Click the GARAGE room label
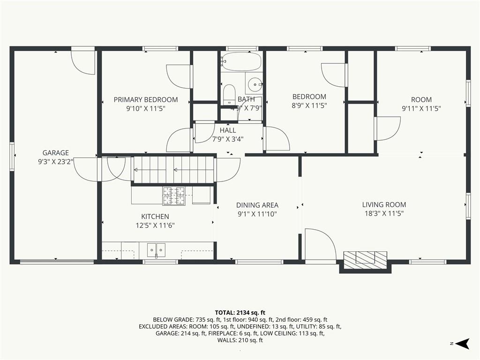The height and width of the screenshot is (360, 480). click(x=56, y=152)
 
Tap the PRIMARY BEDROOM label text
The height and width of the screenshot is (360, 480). click(x=146, y=99)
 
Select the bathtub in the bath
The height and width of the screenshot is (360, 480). click(x=242, y=60)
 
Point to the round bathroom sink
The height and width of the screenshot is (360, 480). click(x=255, y=85)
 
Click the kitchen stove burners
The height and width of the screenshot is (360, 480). click(x=174, y=196)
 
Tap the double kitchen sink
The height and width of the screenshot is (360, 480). click(x=156, y=250)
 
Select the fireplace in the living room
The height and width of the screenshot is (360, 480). click(x=365, y=259)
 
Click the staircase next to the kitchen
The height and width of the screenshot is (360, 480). click(x=173, y=169)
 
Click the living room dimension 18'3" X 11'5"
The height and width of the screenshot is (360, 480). click(x=384, y=213)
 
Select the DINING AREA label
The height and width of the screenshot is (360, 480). click(x=257, y=205)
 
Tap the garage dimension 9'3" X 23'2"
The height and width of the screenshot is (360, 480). click(x=56, y=161)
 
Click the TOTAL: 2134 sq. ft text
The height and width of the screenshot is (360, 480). click(x=240, y=312)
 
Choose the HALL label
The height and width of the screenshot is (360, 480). click(x=228, y=130)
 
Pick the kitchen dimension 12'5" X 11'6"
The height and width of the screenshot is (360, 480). click(x=155, y=225)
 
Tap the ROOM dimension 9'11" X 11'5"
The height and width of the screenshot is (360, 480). click(x=421, y=108)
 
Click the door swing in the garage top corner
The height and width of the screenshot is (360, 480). click(x=83, y=62)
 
